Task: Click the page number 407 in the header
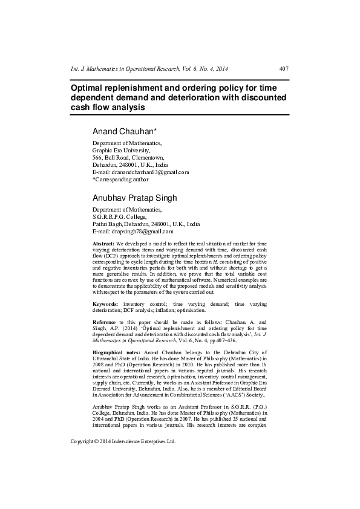[283, 69]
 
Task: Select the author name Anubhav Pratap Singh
[136, 198]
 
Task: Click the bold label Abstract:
[103, 243]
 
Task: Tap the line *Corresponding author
[120, 180]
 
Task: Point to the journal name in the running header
[149, 69]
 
